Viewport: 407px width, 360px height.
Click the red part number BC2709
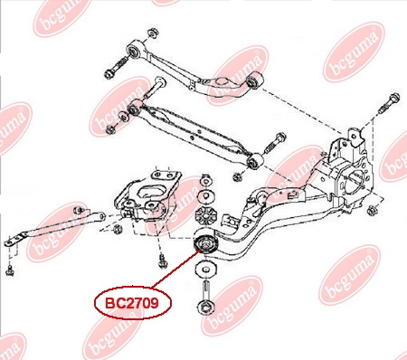click(132, 303)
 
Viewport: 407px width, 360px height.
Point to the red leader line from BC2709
click(175, 269)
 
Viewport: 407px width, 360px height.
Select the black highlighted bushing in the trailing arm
click(205, 243)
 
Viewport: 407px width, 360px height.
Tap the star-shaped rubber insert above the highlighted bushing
click(206, 215)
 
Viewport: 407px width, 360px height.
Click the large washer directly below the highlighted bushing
click(206, 268)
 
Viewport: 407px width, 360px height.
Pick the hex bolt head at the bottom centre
click(205, 308)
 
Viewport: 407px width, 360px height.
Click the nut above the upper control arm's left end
click(153, 33)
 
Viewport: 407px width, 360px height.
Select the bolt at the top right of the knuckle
click(391, 103)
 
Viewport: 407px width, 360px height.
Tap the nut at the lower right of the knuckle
click(373, 210)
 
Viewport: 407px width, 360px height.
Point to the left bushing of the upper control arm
click(135, 51)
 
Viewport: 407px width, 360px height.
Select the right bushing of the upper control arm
click(255, 81)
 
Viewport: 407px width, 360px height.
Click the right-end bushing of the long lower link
click(255, 161)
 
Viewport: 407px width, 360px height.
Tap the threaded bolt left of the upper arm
click(117, 67)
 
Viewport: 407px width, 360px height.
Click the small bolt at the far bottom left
click(10, 270)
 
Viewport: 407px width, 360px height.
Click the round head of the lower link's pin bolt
click(160, 81)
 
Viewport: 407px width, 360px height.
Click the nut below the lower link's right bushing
click(238, 176)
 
